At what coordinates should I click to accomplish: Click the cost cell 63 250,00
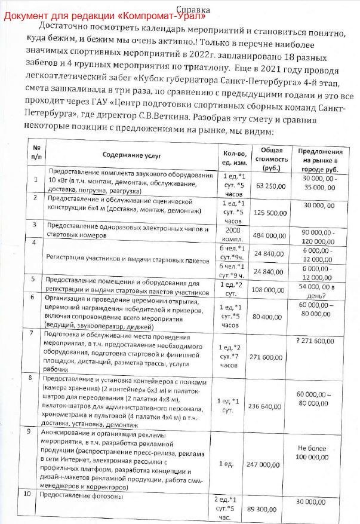pos(270,186)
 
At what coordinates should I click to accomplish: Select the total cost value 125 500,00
pos(270,212)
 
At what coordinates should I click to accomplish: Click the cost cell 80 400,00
pos(270,316)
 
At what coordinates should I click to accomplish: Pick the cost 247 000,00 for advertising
pos(270,464)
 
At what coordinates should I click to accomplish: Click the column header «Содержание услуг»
pos(129,155)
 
